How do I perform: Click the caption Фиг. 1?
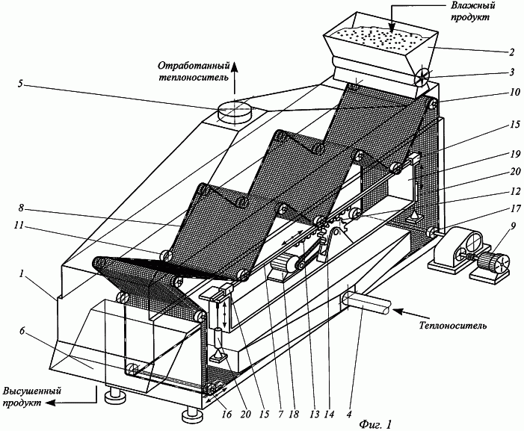click(x=374, y=424)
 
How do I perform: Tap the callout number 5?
click(x=20, y=83)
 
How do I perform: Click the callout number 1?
click(x=22, y=274)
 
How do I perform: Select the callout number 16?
click(x=227, y=415)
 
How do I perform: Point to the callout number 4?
click(x=349, y=415)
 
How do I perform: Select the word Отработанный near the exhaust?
click(x=194, y=66)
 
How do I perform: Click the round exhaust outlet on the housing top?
click(x=234, y=112)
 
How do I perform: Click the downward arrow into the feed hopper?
click(x=394, y=16)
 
